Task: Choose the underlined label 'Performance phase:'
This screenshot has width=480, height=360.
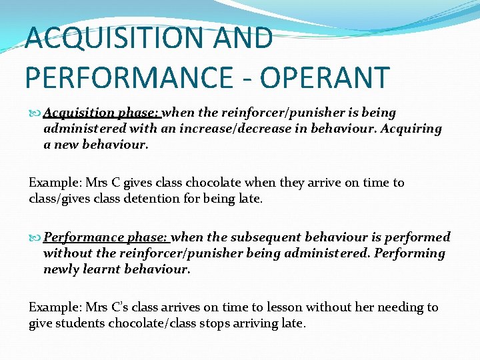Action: (x=107, y=237)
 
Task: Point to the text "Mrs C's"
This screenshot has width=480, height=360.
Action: (x=107, y=307)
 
